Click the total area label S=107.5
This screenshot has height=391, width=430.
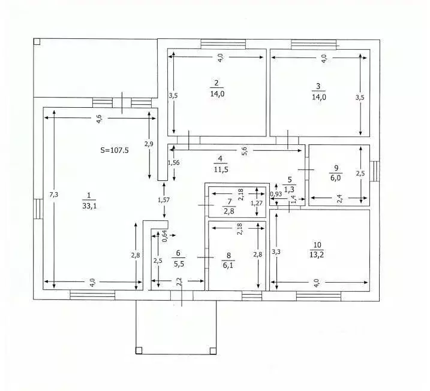(x=115, y=150)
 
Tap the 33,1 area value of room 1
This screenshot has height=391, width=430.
(x=89, y=206)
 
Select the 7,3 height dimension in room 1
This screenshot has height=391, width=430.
(x=53, y=195)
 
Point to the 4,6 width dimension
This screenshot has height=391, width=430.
(x=100, y=119)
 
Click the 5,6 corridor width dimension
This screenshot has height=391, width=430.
(x=245, y=151)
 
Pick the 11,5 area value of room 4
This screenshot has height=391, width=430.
(x=221, y=169)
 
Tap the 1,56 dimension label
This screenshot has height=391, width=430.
(x=173, y=163)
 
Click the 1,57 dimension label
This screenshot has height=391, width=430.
(x=164, y=200)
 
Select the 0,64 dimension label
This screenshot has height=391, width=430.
(x=165, y=236)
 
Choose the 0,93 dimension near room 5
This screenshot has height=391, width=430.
(x=276, y=194)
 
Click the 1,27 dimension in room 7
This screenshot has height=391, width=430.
(x=257, y=203)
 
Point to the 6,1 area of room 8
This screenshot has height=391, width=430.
(x=228, y=265)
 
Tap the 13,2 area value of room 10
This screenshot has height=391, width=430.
(x=317, y=254)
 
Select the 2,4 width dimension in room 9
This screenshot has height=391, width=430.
(x=339, y=199)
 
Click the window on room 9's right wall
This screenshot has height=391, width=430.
(x=374, y=171)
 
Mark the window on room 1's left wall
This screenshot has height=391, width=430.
(x=38, y=208)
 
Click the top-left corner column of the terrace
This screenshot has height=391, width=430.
(x=37, y=42)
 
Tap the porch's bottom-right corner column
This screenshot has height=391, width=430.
(x=213, y=351)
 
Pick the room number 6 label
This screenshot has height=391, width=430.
(x=178, y=253)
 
